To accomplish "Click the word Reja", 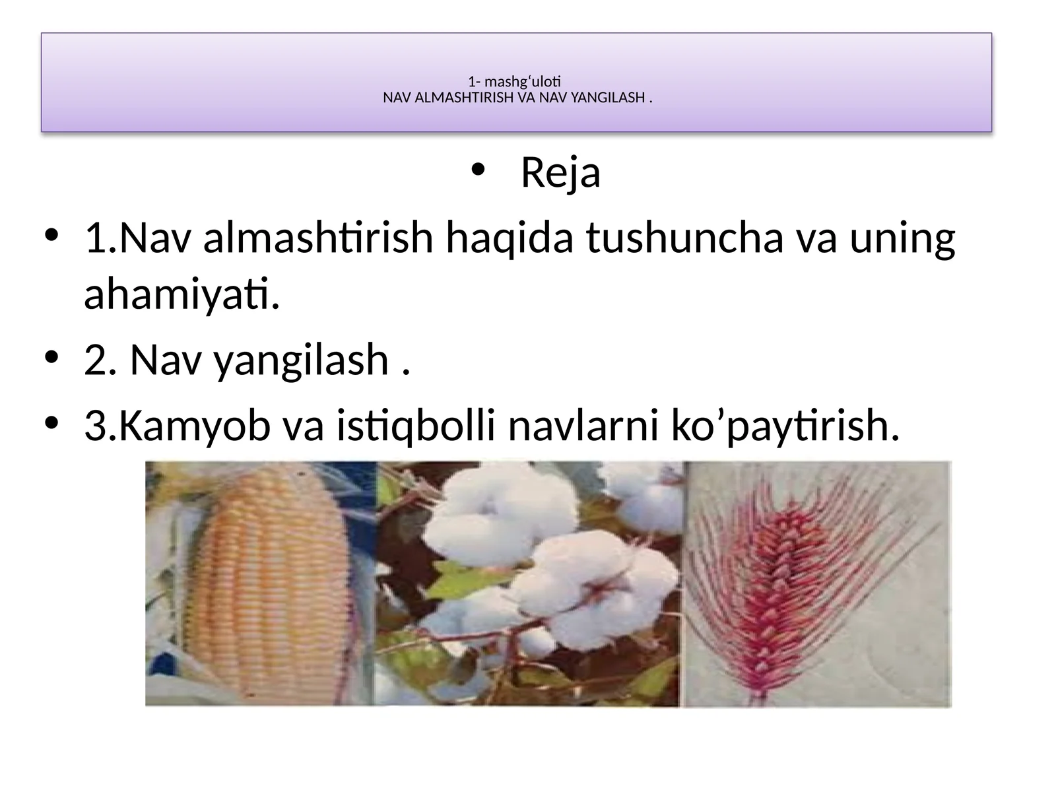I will [560, 173].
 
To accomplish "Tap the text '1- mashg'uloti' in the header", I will [514, 82].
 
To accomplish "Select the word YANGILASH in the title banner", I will [606, 98].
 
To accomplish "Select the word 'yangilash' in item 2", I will [301, 360].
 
